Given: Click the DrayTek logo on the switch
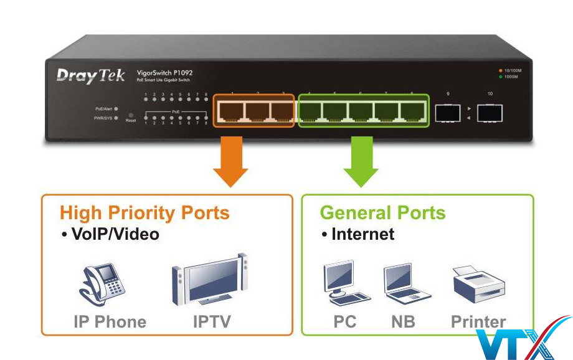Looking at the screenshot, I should pyautogui.click(x=91, y=75).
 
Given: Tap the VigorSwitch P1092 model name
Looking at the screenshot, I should pyautogui.click(x=164, y=73).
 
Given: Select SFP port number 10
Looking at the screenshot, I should pyautogui.click(x=490, y=113).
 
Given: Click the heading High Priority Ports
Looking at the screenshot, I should pyautogui.click(x=144, y=213).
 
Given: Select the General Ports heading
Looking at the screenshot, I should pyautogui.click(x=382, y=213).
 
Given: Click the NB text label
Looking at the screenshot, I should pyautogui.click(x=403, y=322).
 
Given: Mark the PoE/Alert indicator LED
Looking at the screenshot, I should pyautogui.click(x=116, y=108).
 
